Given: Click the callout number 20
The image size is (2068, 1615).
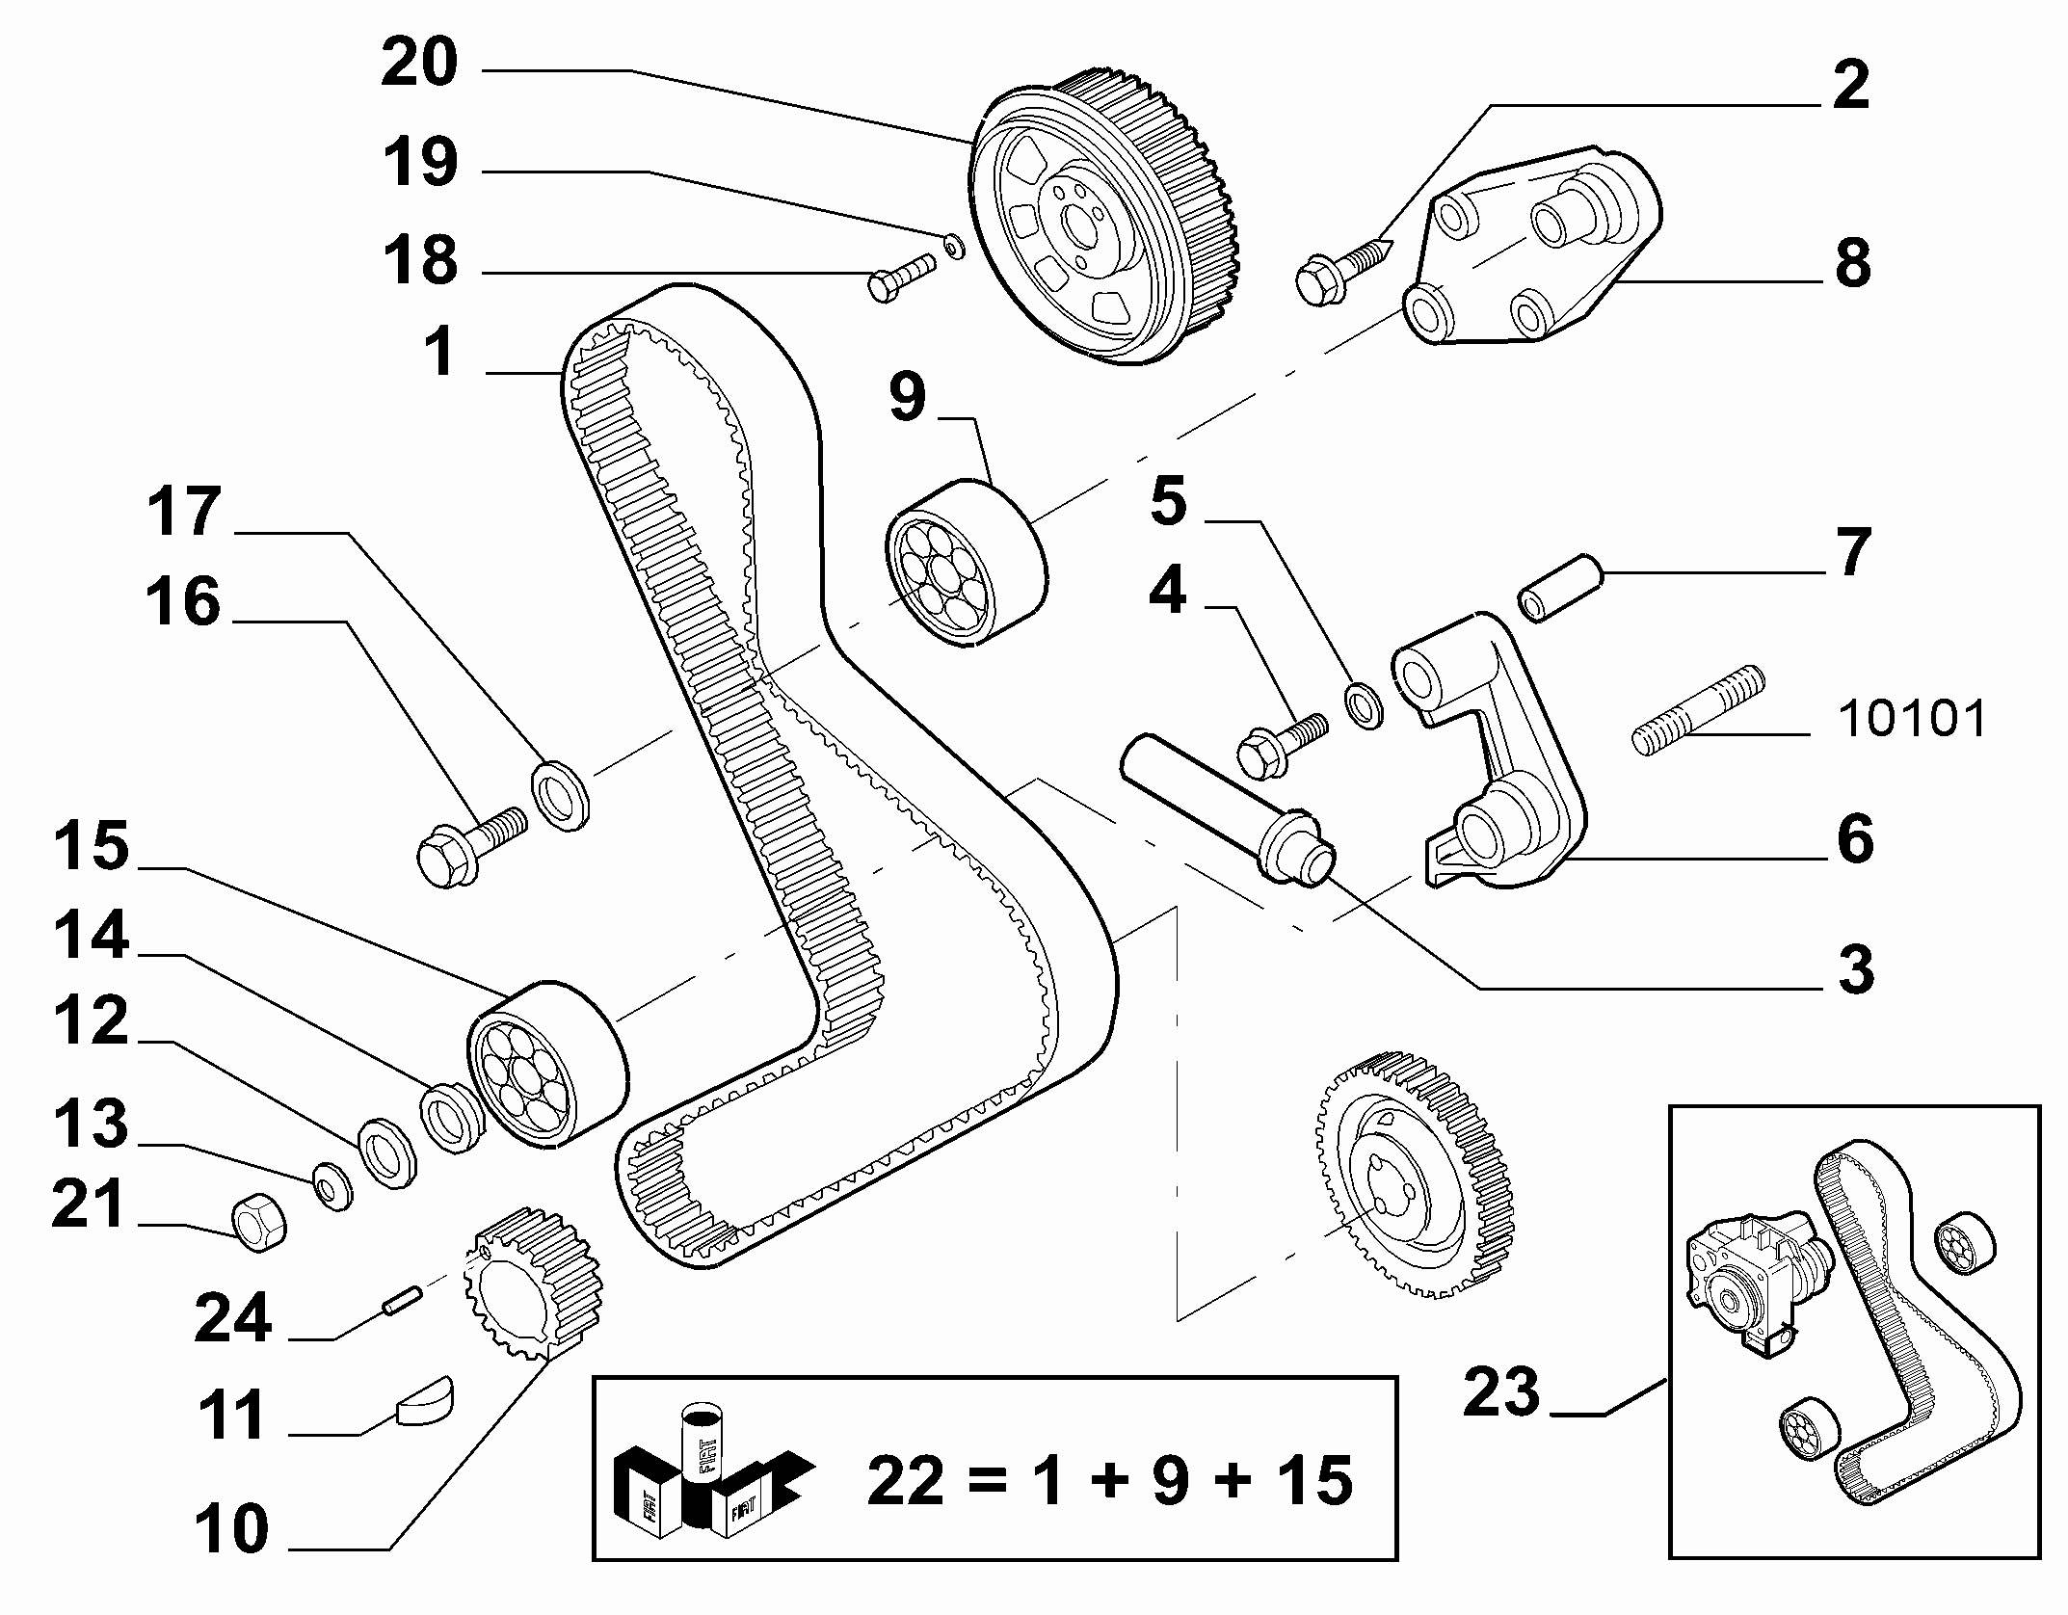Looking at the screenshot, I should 419,65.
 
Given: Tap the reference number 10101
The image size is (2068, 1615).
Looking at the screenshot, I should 1912,720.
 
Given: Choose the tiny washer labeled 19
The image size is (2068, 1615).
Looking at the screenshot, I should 953,247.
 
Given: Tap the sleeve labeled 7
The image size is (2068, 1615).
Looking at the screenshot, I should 1559,587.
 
